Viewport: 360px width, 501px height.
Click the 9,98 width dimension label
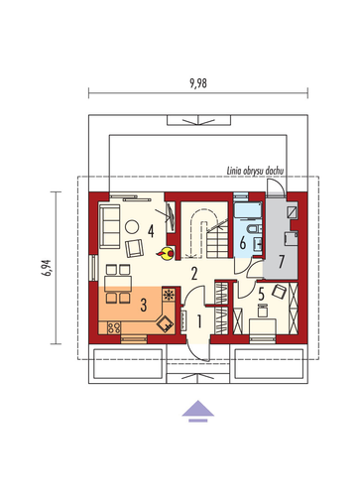(198, 83)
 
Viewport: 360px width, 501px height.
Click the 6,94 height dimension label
(47, 268)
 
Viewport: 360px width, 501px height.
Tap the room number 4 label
(151, 231)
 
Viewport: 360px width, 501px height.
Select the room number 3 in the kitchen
(144, 305)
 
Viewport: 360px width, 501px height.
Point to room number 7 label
(282, 262)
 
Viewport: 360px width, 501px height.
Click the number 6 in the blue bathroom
(243, 243)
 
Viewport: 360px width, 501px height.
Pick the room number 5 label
(262, 294)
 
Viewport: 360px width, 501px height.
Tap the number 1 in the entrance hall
(199, 320)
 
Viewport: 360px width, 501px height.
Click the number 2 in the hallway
(194, 274)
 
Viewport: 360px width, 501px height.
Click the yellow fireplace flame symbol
(166, 254)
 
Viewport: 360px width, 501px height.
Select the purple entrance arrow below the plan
(198, 411)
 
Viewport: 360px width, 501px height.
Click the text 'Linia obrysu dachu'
(255, 171)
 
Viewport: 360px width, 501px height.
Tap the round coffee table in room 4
(132, 227)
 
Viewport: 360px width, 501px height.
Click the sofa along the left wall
(110, 226)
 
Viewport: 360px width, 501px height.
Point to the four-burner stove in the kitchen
(114, 327)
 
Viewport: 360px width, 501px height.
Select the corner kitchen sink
(166, 323)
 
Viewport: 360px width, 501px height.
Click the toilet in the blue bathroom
(254, 229)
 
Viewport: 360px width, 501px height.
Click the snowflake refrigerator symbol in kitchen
(169, 294)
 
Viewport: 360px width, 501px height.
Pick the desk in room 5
(263, 326)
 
